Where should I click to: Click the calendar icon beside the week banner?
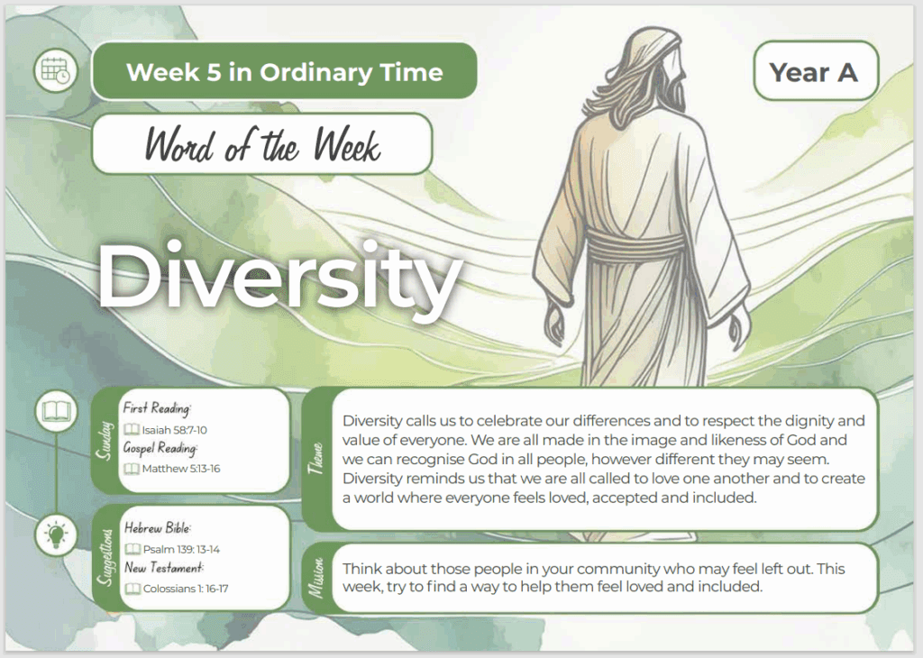pyautogui.click(x=55, y=70)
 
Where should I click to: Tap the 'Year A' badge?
pyautogui.click(x=816, y=70)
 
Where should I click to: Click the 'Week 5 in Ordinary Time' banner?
pyautogui.click(x=284, y=71)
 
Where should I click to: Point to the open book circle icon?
pyautogui.click(x=56, y=411)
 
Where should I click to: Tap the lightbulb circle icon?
pyautogui.click(x=56, y=535)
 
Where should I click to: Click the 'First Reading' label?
pyautogui.click(x=157, y=407)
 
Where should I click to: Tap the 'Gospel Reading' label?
pyautogui.click(x=160, y=449)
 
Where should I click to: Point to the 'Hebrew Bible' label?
pyautogui.click(x=158, y=528)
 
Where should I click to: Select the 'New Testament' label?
pyautogui.click(x=164, y=568)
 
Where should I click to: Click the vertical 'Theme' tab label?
pyautogui.click(x=316, y=459)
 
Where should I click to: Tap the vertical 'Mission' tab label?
pyautogui.click(x=316, y=578)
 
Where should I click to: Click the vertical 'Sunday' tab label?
pyautogui.click(x=105, y=440)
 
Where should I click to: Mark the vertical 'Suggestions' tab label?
pyautogui.click(x=105, y=557)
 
